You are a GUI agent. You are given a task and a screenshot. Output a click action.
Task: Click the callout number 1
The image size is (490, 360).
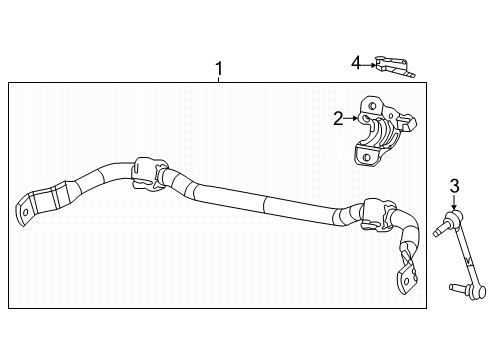tap(219, 69)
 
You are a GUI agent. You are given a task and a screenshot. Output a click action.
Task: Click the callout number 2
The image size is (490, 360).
tap(338, 119)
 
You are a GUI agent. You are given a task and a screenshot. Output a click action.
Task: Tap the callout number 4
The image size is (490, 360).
tap(355, 64)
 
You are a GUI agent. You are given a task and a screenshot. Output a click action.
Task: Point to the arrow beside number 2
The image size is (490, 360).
tap(353, 119)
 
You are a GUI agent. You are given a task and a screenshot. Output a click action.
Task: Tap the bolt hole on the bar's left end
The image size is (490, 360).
tap(21, 212)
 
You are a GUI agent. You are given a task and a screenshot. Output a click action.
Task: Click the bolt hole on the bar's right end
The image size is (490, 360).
tap(406, 283)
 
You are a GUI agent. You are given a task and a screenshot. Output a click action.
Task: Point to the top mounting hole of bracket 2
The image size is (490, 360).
tap(370, 104)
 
